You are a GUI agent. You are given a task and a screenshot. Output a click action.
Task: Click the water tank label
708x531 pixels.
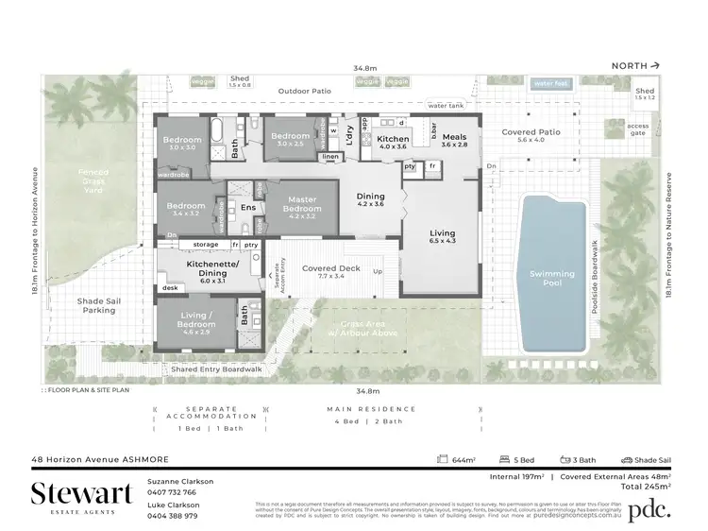click(x=446, y=105)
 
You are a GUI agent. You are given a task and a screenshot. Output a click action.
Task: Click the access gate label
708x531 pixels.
click(x=638, y=129)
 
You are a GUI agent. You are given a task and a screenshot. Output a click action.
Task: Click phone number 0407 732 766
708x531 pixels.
click(x=172, y=492)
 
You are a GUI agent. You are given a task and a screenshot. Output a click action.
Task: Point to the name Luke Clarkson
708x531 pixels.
click(x=175, y=505)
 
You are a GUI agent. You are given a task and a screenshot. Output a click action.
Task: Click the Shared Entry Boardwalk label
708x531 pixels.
click(x=216, y=369)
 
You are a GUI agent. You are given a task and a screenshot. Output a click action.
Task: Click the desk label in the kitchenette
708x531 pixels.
click(x=170, y=288)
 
